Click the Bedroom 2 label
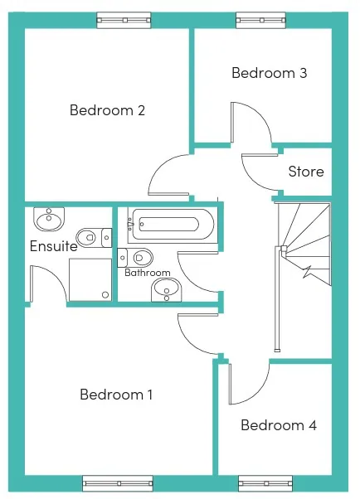pyautogui.click(x=107, y=110)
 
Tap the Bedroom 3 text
pyautogui.click(x=270, y=73)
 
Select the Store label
pyautogui.click(x=306, y=172)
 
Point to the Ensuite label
pyautogui.click(x=54, y=246)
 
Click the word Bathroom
pyautogui.click(x=148, y=273)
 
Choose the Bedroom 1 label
pyautogui.click(x=116, y=395)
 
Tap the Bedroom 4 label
pyautogui.click(x=279, y=425)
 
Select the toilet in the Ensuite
pyautogui.click(x=95, y=237)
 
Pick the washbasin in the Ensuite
pyautogui.click(x=49, y=219)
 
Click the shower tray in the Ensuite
pyautogui.click(x=90, y=279)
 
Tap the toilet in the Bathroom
pyautogui.click(x=135, y=258)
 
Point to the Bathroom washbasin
pyautogui.click(x=166, y=290)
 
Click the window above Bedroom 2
pyautogui.click(x=124, y=20)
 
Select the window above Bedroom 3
pyautogui.click(x=261, y=20)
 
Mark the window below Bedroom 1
pyautogui.click(x=118, y=484)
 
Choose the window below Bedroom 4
pyautogui.click(x=265, y=484)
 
